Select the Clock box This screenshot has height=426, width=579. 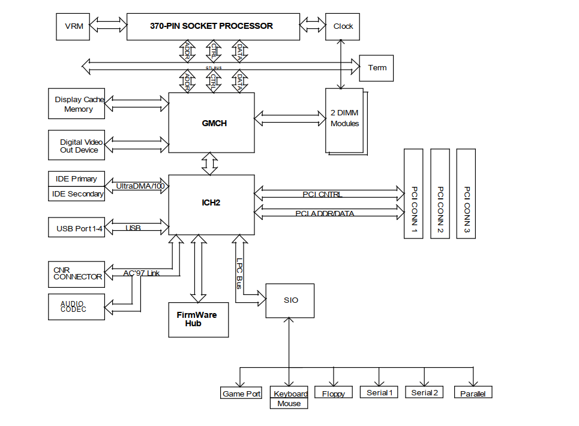[x=343, y=26]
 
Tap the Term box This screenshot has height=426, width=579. [x=376, y=68]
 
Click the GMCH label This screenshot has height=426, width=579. [x=214, y=123]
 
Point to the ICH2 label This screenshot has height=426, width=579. [x=211, y=202]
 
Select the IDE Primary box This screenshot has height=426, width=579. [x=76, y=179]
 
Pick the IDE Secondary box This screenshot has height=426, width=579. [x=76, y=194]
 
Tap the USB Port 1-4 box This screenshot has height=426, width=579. [x=76, y=228]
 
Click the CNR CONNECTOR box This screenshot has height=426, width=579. [x=76, y=274]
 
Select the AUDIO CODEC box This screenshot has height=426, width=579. [x=76, y=306]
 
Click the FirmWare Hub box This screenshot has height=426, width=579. [x=198, y=320]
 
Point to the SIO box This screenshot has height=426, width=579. [x=290, y=300]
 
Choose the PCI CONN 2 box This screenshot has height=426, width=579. [x=440, y=193]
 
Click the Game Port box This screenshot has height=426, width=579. [x=241, y=394]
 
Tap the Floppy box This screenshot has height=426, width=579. [x=333, y=394]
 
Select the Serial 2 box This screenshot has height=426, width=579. [x=424, y=392]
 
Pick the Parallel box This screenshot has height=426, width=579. [x=473, y=394]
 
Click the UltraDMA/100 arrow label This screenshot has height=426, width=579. [x=139, y=186]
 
